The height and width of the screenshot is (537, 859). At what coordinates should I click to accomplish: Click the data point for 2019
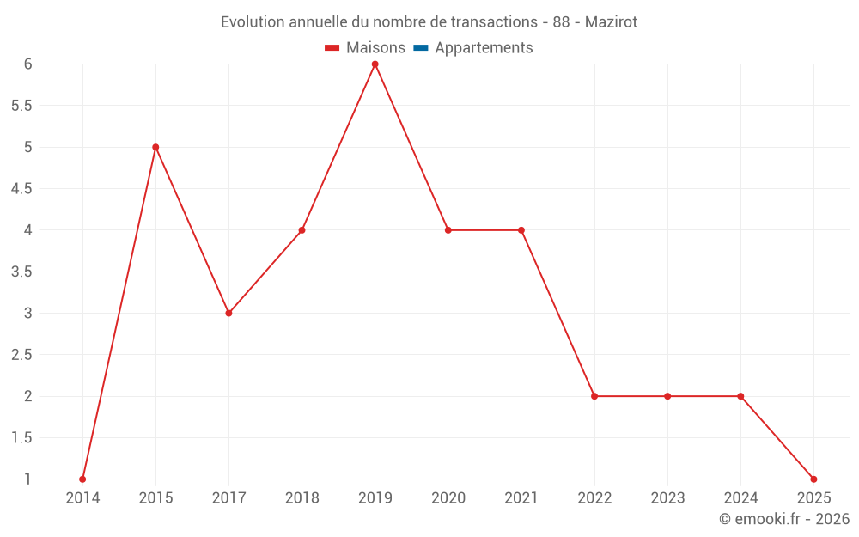coord(375,64)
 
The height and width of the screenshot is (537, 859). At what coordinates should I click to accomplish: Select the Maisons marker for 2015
coord(155,147)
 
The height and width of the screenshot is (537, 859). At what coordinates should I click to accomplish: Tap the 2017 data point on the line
coord(228,313)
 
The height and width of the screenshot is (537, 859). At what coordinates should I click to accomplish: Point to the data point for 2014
coord(82,479)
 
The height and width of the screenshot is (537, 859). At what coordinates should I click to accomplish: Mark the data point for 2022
coord(594,396)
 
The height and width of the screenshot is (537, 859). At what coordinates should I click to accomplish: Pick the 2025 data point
coord(813,479)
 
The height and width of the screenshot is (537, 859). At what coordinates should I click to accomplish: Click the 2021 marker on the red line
coord(521,230)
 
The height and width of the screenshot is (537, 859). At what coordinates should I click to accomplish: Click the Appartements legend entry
coord(484,48)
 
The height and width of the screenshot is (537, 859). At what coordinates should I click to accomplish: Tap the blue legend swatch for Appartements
coord(420,48)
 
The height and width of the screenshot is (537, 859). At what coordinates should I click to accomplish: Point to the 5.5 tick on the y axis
coord(21,106)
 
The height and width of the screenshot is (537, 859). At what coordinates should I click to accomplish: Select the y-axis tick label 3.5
coord(21,272)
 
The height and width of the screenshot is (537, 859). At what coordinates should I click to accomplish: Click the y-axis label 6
coord(27,64)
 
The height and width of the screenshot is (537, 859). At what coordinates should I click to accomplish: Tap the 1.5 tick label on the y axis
coord(21,437)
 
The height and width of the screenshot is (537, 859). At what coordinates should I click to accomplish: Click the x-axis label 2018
coord(302,498)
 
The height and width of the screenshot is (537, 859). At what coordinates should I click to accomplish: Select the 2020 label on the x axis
coord(448,498)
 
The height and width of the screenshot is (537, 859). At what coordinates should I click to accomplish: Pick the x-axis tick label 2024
coord(740,498)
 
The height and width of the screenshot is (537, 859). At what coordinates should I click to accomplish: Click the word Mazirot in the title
coord(611,22)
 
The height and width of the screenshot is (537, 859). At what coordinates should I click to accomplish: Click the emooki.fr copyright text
coord(784,519)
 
